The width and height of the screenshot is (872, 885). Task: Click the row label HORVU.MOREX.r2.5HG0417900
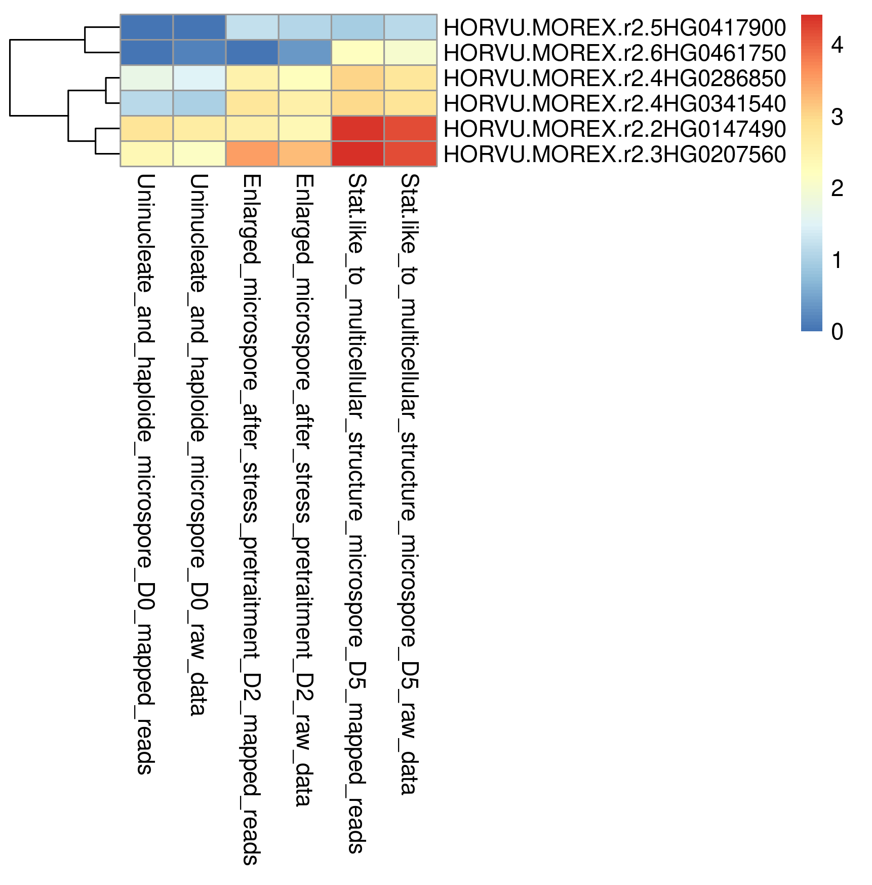pos(614,28)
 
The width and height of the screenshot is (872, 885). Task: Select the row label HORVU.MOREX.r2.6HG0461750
pos(614,53)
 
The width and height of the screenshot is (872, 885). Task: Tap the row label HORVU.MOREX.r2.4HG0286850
pos(614,79)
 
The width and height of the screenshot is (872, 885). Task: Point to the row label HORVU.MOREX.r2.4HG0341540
pos(614,104)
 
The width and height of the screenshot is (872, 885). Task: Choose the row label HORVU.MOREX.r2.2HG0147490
pos(614,129)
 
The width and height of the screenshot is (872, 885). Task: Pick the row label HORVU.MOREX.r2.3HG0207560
pos(614,155)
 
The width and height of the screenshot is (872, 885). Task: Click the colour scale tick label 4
pos(837,45)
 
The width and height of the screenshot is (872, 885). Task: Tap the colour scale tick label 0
pos(837,332)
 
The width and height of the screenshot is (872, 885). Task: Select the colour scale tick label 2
pos(837,188)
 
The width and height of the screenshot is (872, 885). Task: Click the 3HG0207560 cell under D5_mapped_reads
pos(358,154)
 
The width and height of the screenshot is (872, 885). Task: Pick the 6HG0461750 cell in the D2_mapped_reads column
pos(252,53)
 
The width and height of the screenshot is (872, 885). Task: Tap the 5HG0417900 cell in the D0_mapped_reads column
pos(147,27)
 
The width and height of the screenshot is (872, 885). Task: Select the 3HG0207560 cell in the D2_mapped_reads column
pos(252,154)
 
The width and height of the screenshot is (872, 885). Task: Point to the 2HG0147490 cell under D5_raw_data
pos(411,129)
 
